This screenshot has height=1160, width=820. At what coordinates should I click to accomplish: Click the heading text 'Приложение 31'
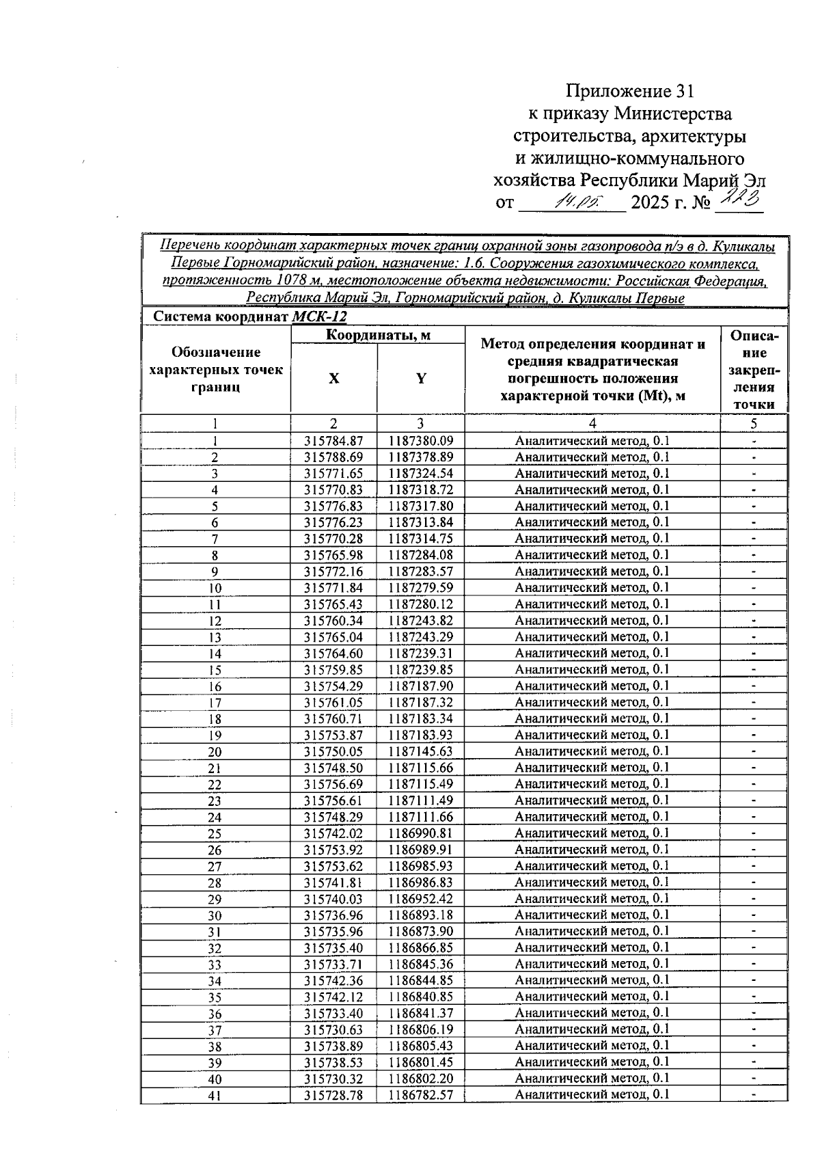(629, 92)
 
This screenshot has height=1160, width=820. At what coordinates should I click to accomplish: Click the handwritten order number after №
(739, 200)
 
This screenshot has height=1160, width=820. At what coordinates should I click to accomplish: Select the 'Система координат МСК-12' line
(249, 316)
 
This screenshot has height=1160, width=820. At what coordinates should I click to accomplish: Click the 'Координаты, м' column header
(377, 335)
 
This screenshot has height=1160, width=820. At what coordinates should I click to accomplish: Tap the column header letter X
(333, 379)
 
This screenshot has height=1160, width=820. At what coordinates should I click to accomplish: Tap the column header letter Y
(421, 379)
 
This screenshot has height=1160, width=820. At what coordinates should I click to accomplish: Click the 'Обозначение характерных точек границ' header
(215, 370)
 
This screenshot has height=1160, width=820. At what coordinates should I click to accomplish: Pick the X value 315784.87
(333, 441)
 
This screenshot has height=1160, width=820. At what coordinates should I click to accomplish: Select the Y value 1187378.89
(421, 457)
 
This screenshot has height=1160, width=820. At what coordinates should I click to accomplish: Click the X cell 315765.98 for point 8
(333, 555)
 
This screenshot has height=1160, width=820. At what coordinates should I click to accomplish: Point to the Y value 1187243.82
(421, 621)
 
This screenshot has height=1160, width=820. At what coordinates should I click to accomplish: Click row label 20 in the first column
(215, 752)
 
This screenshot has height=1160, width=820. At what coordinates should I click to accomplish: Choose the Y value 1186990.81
(421, 833)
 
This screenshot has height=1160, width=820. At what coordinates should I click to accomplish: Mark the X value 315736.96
(333, 915)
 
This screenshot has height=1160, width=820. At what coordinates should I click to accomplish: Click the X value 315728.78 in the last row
(333, 1095)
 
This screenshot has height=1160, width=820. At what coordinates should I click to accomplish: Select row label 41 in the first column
(215, 1096)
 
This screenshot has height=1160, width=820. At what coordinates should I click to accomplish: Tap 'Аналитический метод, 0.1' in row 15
(592, 669)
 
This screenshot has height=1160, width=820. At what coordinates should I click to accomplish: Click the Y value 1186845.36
(421, 965)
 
